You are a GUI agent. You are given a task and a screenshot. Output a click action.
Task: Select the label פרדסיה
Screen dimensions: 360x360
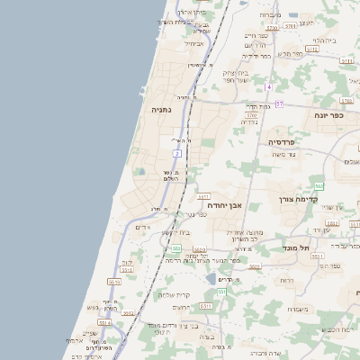[288, 141]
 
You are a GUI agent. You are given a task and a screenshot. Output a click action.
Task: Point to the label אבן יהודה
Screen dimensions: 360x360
[226, 204]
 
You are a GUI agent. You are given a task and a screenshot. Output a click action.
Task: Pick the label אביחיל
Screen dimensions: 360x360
[194, 43]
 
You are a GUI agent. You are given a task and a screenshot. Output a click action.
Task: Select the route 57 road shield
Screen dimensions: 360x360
[279, 104]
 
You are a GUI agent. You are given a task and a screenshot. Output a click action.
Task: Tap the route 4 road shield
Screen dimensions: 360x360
[269, 86]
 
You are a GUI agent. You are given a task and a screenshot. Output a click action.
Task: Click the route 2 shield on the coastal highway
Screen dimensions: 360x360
[177, 154]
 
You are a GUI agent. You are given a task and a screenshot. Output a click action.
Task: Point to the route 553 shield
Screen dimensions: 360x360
[176, 247]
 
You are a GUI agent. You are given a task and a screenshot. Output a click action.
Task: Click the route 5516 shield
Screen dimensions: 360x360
[114, 282]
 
